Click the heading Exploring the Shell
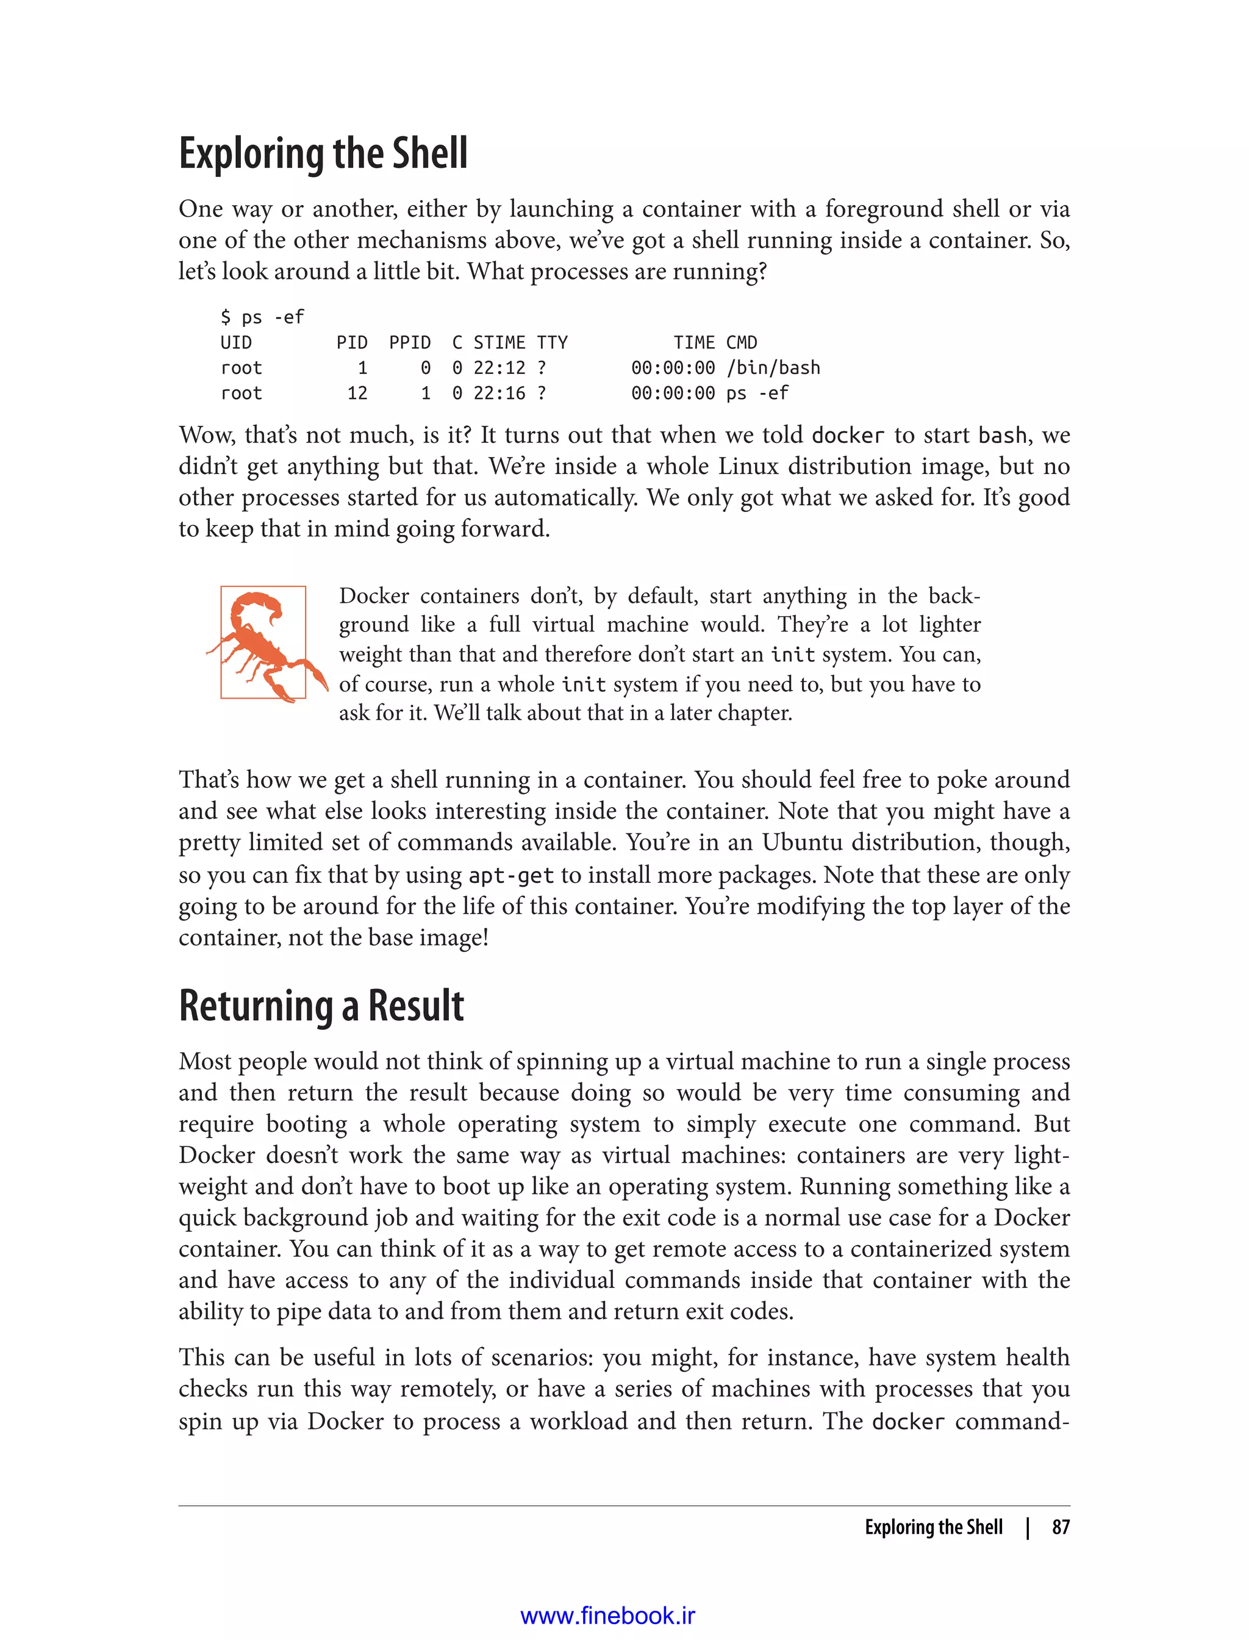click(x=323, y=153)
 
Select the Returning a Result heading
click(x=321, y=1005)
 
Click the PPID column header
click(x=410, y=343)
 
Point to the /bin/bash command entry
click(x=773, y=368)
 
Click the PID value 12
click(x=357, y=394)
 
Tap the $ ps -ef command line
click(x=262, y=318)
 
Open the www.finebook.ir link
click(x=607, y=1616)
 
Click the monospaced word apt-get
click(x=510, y=876)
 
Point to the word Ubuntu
click(x=801, y=843)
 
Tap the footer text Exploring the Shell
click(x=933, y=1527)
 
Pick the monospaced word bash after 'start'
click(x=1002, y=435)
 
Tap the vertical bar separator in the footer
click(x=1028, y=1527)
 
